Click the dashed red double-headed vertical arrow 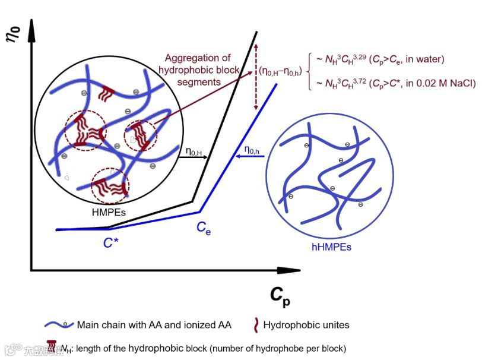pos(255,77)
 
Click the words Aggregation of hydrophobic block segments pos(198,70)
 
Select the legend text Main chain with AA pos(154,324)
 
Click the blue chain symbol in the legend pos(59,325)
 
